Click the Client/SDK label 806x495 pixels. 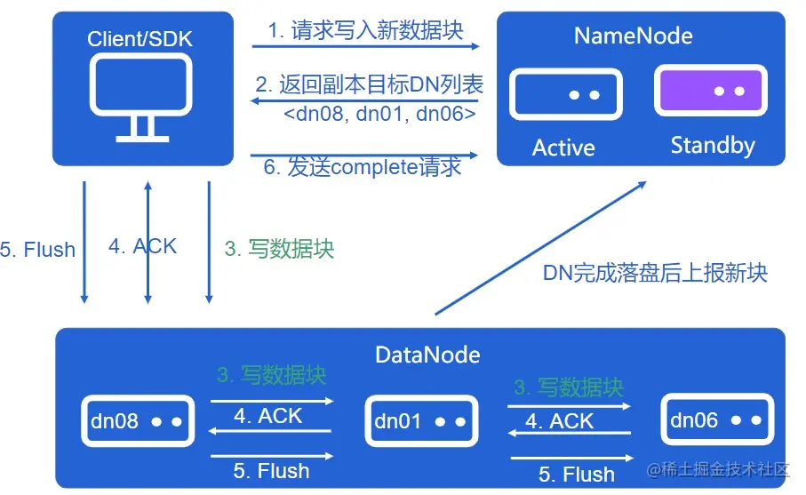point(140,38)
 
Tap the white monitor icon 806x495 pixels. point(141,97)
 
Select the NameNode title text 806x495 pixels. point(633,36)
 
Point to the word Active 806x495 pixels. point(563,147)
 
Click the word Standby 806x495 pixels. point(713,145)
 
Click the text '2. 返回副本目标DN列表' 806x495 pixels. point(369,84)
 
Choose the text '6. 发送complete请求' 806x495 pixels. point(362,167)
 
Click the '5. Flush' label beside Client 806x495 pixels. point(37,249)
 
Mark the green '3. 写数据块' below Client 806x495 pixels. point(279,249)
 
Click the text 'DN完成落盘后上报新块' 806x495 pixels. point(655,273)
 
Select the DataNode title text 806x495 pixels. point(427,355)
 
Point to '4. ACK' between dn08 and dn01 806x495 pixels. point(267,416)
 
